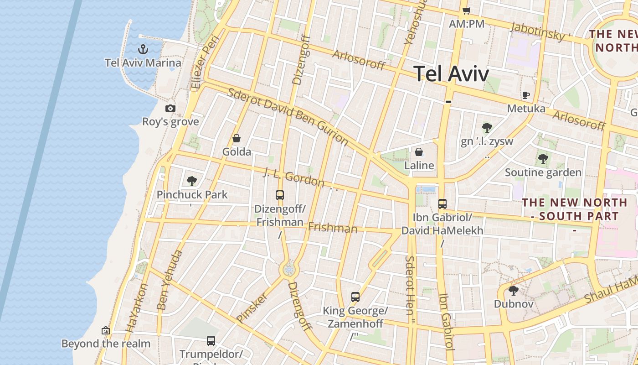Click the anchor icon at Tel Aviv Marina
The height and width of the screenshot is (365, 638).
144,49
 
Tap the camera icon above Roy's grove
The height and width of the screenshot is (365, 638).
170,108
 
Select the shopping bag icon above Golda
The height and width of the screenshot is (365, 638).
237,138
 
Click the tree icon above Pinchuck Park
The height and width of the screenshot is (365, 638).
192,181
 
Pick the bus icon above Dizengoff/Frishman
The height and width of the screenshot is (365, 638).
280,195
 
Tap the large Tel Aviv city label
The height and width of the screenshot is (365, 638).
451,74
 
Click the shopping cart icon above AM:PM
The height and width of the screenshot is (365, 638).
466,10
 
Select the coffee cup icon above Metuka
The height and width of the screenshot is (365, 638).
526,95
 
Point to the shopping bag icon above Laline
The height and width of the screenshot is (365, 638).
419,152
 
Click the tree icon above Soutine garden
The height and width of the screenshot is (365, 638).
543,159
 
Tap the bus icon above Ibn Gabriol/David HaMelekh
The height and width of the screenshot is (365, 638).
442,204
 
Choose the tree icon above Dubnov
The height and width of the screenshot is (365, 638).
514,290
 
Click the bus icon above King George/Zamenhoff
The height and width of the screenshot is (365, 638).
355,297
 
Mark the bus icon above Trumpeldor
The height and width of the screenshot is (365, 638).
211,340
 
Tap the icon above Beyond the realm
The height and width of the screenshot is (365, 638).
106,330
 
